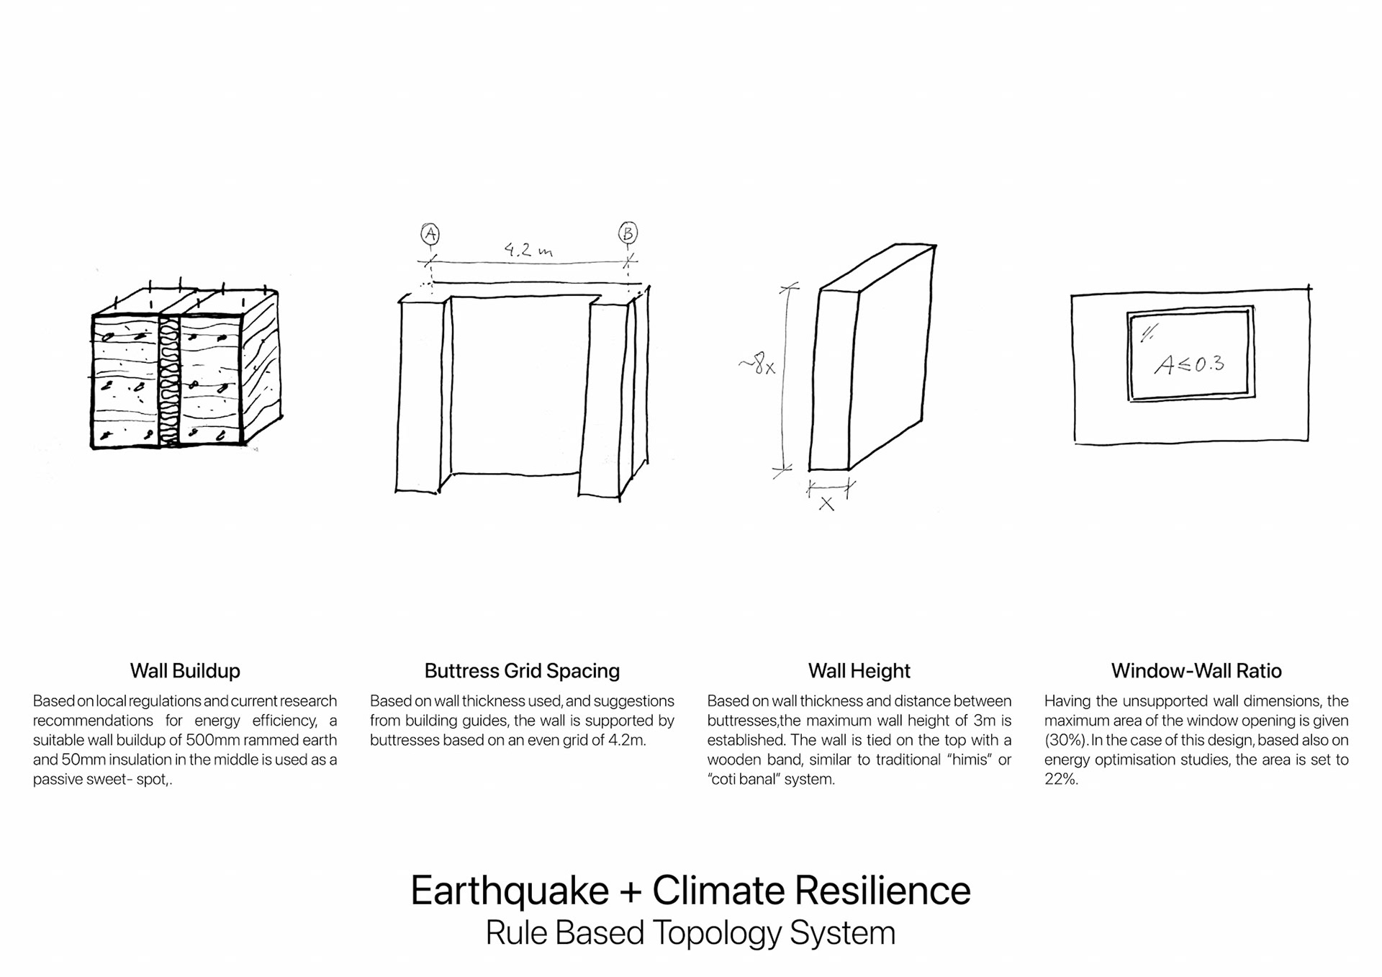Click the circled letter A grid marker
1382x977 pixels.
coord(430,234)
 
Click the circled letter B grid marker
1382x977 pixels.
coord(628,233)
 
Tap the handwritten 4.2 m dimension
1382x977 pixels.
coord(528,250)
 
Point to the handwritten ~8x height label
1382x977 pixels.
coord(757,364)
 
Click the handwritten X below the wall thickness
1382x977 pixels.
coord(826,504)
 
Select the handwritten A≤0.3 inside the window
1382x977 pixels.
coord(1189,364)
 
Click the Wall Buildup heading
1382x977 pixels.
coord(185,671)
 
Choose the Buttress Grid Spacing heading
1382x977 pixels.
coord(522,671)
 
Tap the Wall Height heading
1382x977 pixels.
coord(859,671)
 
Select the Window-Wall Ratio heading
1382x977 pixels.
coord(1196,671)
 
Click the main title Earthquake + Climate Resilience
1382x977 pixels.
coord(690,891)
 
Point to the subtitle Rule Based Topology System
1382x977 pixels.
coord(690,933)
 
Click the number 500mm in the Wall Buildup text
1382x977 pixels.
coord(213,740)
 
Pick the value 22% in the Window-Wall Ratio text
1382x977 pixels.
coord(1060,779)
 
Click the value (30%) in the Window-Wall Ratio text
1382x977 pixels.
coord(1066,740)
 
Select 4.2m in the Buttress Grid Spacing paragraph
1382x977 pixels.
coord(626,740)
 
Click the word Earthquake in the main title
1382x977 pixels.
coord(510,891)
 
